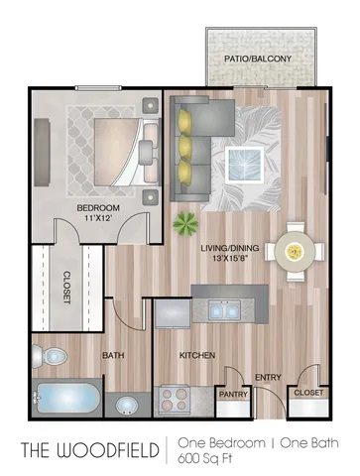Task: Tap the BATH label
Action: tap(113, 353)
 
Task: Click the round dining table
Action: tap(295, 253)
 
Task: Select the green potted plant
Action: tap(184, 223)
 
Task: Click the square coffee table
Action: tap(242, 159)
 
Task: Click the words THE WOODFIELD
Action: tap(89, 449)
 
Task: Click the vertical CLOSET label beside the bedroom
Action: tap(65, 288)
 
